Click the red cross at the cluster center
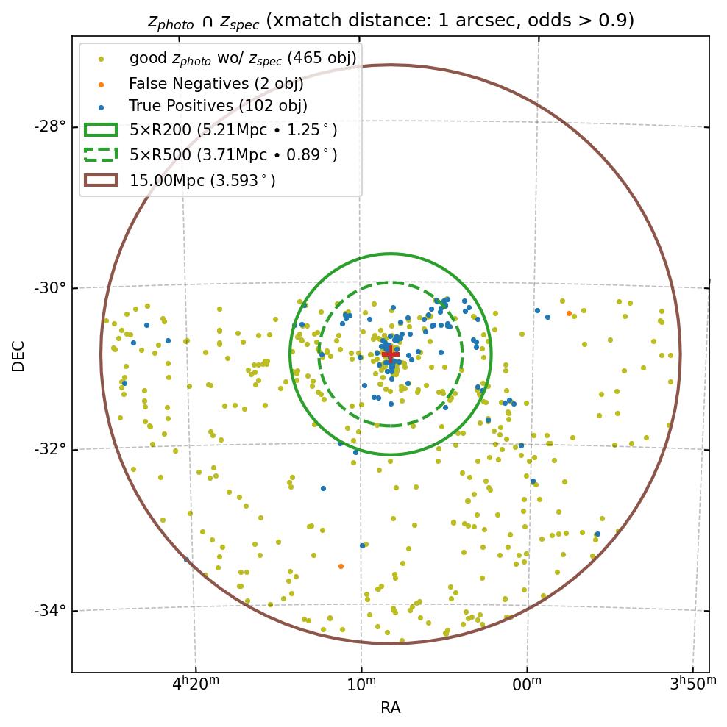390,354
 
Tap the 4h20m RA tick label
195,684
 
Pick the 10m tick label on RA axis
361,684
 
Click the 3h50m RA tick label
692,684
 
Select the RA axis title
390,708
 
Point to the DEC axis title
18,355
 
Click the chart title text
391,21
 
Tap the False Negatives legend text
216,83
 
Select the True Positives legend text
218,107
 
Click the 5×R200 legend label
233,131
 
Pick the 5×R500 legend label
233,155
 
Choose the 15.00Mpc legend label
202,179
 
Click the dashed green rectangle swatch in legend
101,154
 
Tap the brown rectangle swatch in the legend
101,179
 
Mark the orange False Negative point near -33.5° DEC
341,566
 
